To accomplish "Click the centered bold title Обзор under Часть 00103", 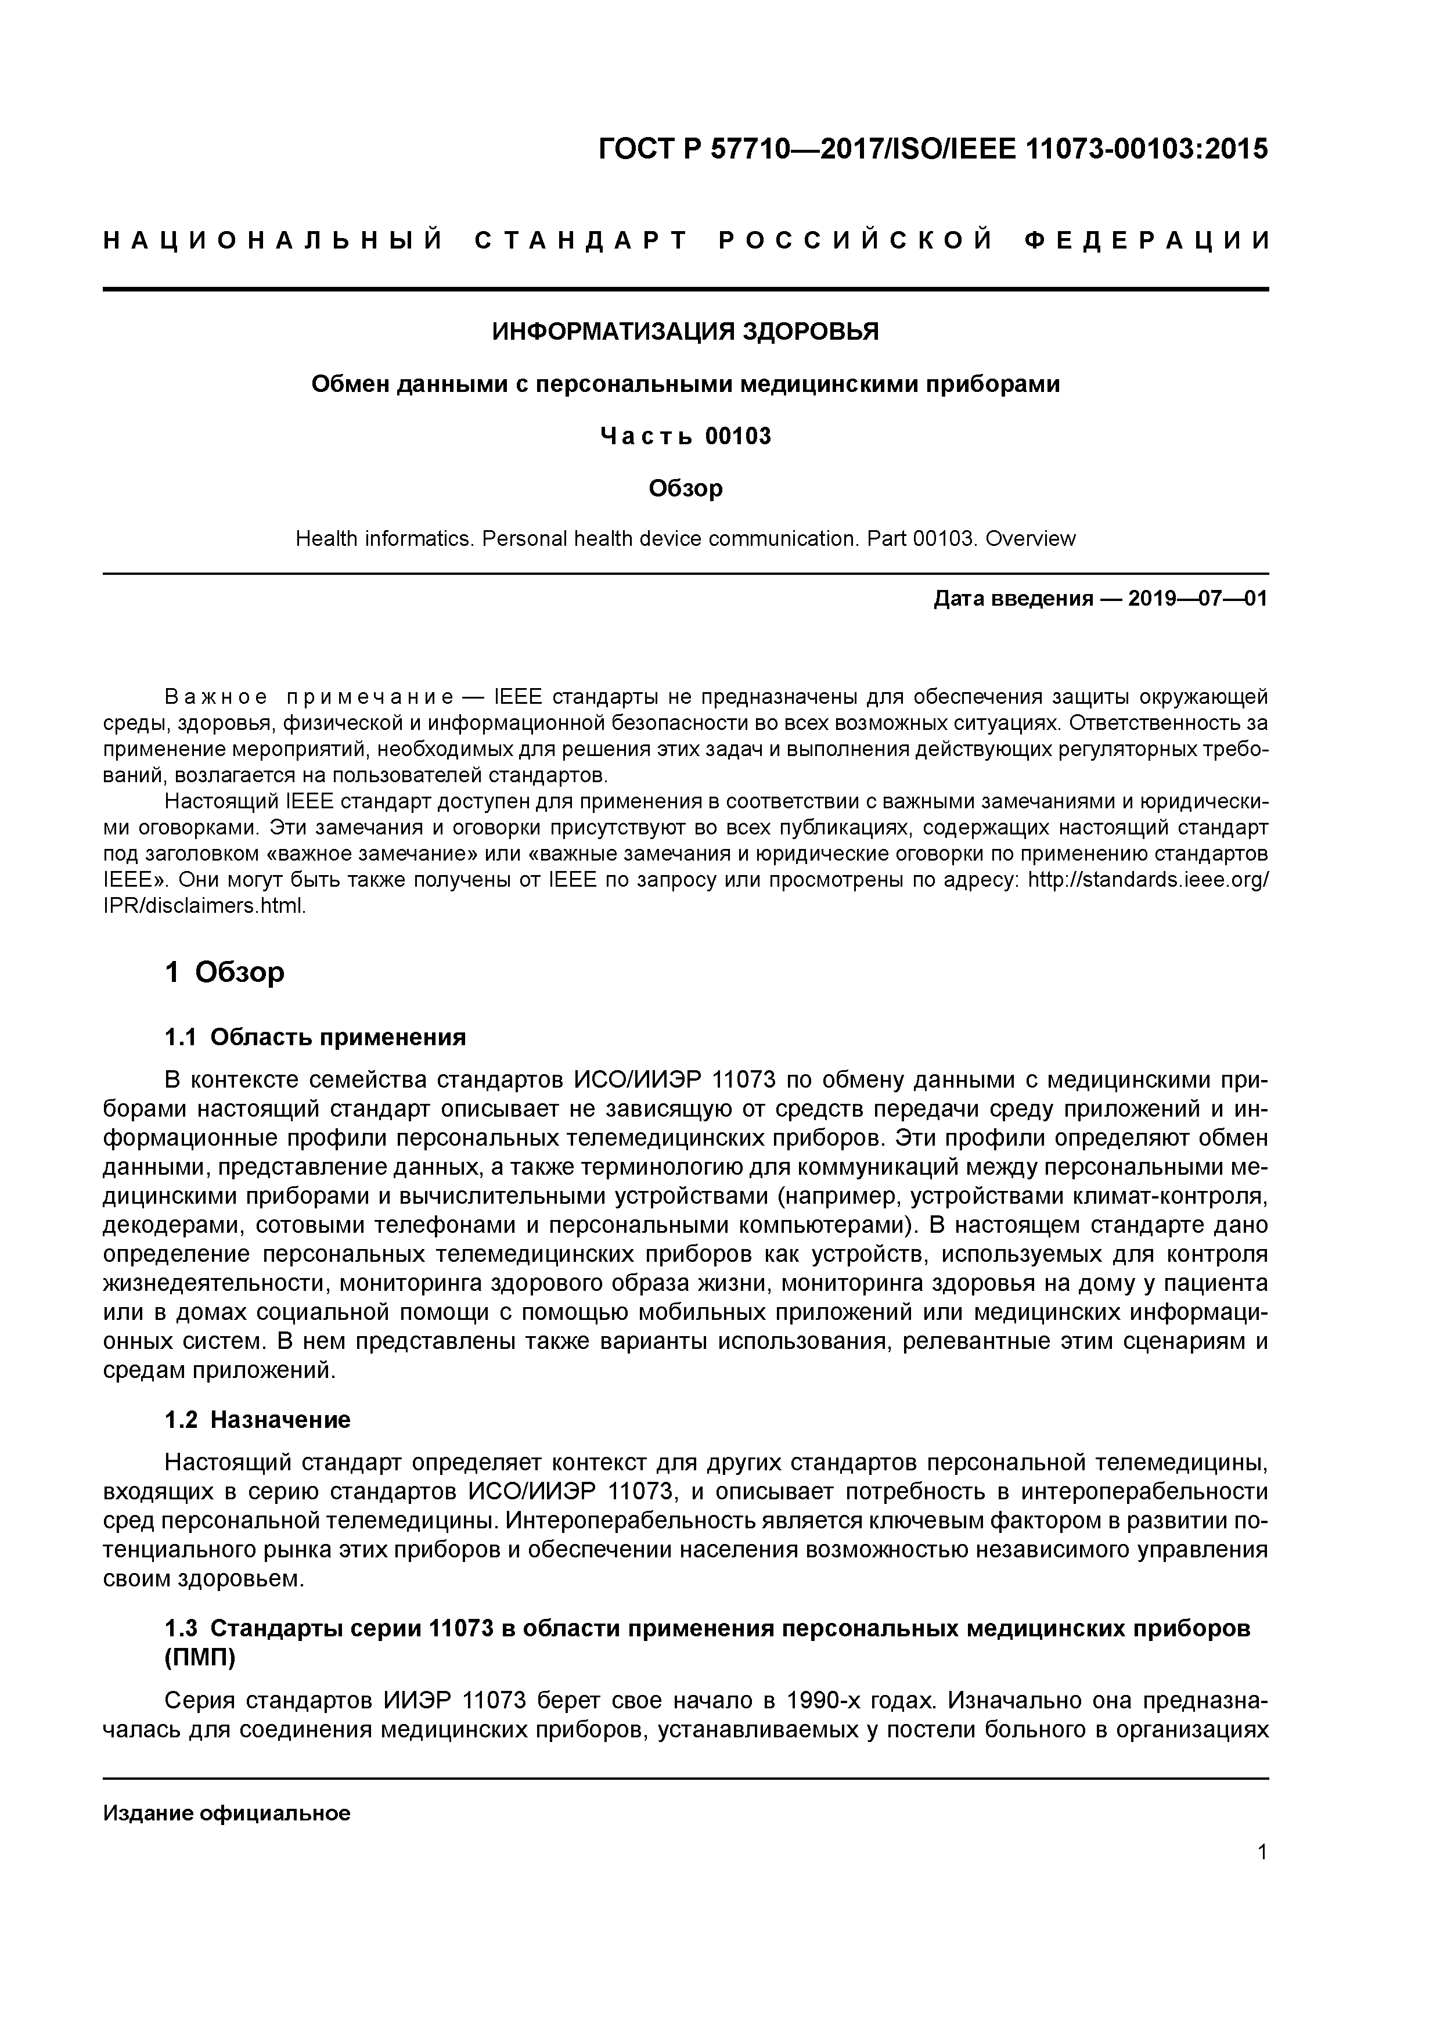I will tap(685, 489).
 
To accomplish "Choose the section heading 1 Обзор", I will tap(225, 973).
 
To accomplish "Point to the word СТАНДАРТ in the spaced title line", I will tap(581, 240).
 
